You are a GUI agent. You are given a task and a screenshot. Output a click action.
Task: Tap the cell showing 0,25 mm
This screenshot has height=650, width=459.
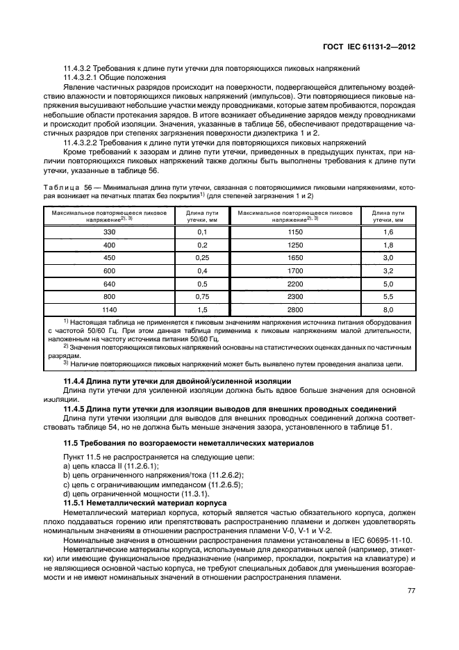click(x=202, y=258)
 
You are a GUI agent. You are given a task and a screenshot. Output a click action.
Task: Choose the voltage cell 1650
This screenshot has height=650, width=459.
click(x=295, y=258)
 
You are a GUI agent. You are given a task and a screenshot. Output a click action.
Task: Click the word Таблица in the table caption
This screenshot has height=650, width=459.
click(x=60, y=186)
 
